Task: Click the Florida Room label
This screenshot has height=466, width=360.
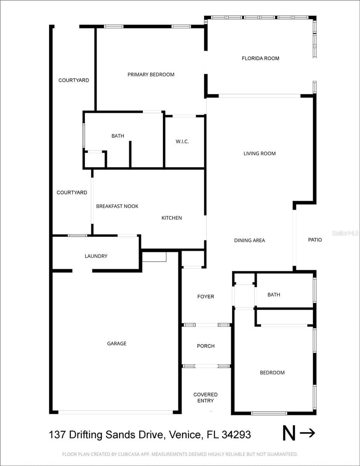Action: tap(261, 58)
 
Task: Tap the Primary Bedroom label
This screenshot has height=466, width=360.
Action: tap(151, 75)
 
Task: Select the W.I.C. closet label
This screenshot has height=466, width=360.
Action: tap(182, 141)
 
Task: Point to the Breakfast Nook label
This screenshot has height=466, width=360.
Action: tap(117, 206)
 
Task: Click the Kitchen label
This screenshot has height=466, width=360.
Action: tap(172, 218)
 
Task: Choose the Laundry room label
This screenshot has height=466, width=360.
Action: tap(96, 256)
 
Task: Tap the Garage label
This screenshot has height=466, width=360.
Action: tap(117, 344)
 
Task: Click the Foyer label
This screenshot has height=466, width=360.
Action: tap(206, 297)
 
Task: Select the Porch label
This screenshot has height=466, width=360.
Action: tap(206, 346)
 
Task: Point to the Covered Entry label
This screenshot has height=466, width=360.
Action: tap(205, 398)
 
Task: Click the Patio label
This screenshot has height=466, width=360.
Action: tap(315, 240)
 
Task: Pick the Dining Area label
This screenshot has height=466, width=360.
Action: tap(250, 240)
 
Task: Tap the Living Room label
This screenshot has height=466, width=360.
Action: tap(260, 153)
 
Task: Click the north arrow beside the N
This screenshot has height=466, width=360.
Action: tap(308, 433)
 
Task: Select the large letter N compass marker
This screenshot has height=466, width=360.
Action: tap(289, 433)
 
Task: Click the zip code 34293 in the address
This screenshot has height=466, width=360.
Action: tap(236, 435)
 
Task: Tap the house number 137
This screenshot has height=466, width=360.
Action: tap(57, 435)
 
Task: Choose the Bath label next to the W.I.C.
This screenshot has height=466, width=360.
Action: tap(118, 136)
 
